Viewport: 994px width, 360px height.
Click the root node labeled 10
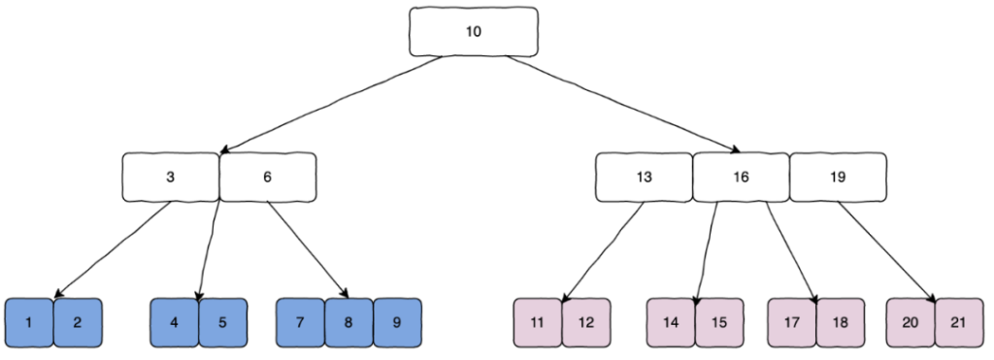click(473, 31)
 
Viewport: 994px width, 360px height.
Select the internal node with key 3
click(170, 177)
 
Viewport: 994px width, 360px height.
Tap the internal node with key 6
click(267, 177)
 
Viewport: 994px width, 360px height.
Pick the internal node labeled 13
click(644, 177)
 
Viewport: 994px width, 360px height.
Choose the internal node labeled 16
click(741, 177)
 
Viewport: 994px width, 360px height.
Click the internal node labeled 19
click(838, 177)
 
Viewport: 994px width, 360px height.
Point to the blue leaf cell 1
click(29, 322)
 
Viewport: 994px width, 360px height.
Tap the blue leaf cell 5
click(222, 322)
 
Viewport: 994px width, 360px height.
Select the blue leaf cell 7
click(300, 322)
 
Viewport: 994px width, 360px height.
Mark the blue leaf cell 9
click(397, 322)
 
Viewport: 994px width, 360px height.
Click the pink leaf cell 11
click(537, 322)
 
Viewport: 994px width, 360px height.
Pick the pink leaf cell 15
click(719, 322)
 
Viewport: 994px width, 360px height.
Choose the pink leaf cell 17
click(792, 322)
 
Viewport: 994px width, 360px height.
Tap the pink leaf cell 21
click(959, 322)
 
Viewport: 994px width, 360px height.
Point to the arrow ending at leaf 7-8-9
click(307, 248)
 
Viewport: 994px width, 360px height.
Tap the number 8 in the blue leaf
click(348, 322)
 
